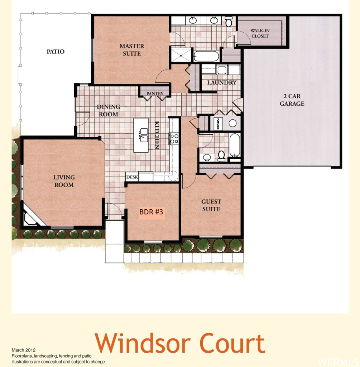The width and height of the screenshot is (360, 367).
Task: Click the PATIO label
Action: pyautogui.click(x=56, y=52)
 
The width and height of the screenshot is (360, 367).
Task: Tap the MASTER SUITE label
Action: pyautogui.click(x=132, y=50)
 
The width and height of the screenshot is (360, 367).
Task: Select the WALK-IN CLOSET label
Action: pyautogui.click(x=260, y=33)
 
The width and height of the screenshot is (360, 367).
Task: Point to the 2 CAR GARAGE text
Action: pyautogui.click(x=292, y=100)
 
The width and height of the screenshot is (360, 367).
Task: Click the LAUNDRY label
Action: pyautogui.click(x=222, y=82)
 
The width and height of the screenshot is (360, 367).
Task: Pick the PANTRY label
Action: pyautogui.click(x=155, y=94)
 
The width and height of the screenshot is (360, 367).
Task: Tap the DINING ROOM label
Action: pyautogui.click(x=109, y=110)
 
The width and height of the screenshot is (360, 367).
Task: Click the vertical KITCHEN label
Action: pyautogui.click(x=157, y=135)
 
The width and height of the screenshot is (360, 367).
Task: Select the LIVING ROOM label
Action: pyautogui.click(x=64, y=181)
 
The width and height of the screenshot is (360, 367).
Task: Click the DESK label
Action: pyautogui.click(x=132, y=177)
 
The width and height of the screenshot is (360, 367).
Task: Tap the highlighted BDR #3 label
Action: pyautogui.click(x=152, y=212)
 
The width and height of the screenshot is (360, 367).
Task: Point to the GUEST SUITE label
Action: pyautogui.click(x=211, y=205)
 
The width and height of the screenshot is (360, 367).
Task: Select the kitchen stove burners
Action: pyautogui.click(x=174, y=138)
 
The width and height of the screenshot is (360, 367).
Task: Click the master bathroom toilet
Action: pyautogui.click(x=229, y=22)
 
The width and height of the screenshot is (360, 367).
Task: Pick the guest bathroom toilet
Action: pyautogui.click(x=221, y=156)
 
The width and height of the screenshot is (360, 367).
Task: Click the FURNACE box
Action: pyautogui.click(x=218, y=123)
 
